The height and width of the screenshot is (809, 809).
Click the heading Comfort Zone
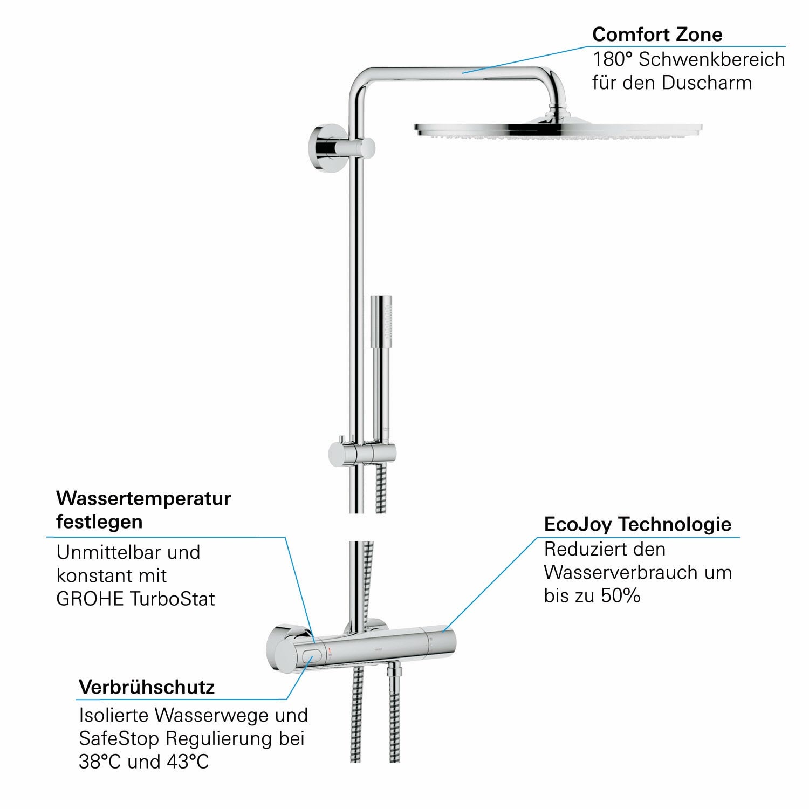657,35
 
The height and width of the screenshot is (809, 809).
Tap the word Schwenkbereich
712,59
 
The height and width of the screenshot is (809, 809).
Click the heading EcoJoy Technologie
637,524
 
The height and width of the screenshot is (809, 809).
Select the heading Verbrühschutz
147,687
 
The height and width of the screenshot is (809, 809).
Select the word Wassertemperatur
143,498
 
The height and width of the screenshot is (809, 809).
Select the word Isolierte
114,715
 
